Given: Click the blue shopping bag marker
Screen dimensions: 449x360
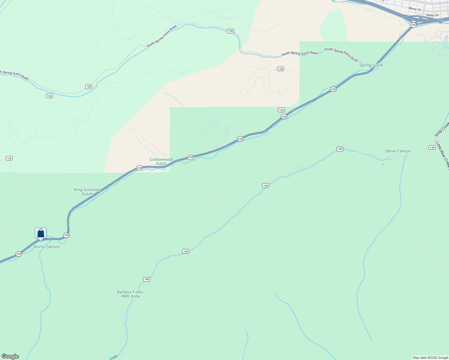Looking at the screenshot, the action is coord(41,233).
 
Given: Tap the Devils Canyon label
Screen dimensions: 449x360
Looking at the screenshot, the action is coord(47,247).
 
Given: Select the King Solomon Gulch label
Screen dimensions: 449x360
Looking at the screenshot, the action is coord(87,192).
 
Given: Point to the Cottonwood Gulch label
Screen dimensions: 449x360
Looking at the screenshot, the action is coord(161,161).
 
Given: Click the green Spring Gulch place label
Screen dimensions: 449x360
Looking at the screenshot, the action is coord(371,65).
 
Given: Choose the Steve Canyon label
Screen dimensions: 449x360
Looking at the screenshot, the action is coord(398,151).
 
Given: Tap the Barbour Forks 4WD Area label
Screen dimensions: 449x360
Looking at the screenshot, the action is coord(130,294).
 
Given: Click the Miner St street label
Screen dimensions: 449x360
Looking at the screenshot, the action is coord(415,9).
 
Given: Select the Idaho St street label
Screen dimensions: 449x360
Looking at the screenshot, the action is coord(432,15).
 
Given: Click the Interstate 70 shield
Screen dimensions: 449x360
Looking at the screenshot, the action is coord(440,21).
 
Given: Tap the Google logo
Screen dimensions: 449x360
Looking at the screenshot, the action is coord(10,356).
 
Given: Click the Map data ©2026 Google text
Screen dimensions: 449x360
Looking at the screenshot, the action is coord(430,358).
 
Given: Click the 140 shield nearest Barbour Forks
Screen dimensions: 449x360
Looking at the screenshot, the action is coord(146,279).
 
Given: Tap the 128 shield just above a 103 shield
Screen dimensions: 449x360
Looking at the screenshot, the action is coord(281,110).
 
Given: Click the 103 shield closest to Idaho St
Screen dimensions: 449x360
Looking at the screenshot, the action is coord(413,25).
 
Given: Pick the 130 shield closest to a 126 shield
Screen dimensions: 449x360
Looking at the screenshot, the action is coord(89,87).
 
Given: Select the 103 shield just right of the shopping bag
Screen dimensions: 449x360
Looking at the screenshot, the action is coord(66,235).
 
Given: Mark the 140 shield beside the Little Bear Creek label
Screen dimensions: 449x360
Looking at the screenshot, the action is coord(432,148).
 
